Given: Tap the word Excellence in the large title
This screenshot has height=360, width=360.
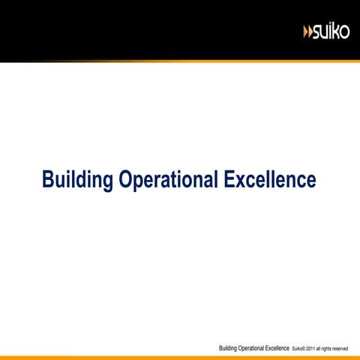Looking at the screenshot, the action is (270, 179).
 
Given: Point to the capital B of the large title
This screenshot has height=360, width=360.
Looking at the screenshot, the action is (48, 179).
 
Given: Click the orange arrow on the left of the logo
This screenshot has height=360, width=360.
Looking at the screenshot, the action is (305, 32).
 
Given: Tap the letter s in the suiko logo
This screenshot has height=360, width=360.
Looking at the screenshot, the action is (316, 33).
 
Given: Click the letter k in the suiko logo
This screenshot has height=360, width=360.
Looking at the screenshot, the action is (335, 31).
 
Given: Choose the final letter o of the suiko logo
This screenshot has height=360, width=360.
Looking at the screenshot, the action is (344, 32).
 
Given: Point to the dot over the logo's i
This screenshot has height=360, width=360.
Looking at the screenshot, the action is (329, 25).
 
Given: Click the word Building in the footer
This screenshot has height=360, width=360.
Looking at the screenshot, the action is (228, 349).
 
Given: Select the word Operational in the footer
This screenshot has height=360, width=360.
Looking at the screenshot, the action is (250, 349).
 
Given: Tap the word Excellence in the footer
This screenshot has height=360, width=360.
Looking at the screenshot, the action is (277, 348).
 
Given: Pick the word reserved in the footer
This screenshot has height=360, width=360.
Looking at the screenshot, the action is (340, 349).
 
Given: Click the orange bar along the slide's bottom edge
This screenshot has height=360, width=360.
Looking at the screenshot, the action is (180, 358).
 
